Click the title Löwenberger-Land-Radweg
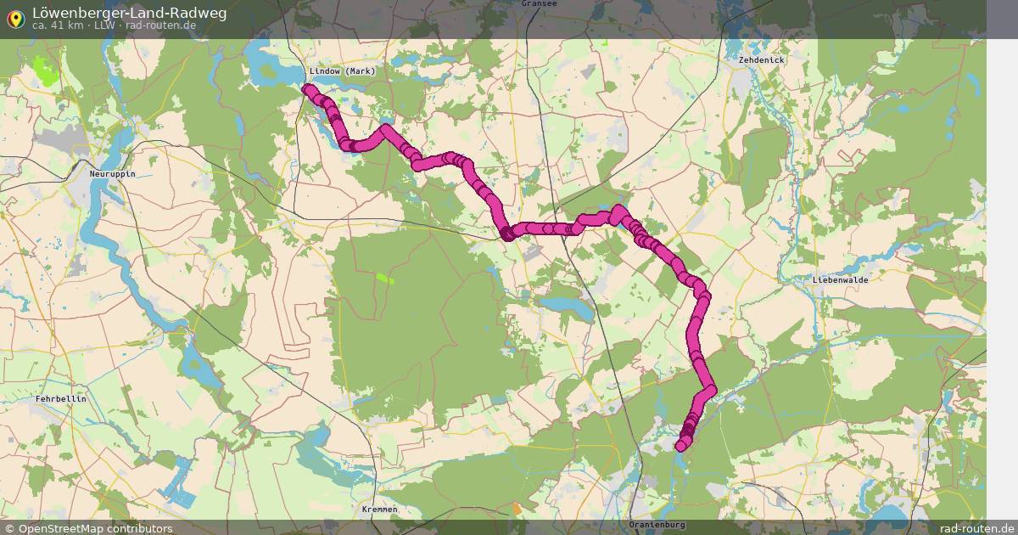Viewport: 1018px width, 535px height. (129, 12)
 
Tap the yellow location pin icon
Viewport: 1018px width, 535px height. (15, 17)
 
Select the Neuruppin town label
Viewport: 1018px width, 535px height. (112, 173)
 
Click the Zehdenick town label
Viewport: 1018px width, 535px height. (762, 60)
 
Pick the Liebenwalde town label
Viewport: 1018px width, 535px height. (841, 279)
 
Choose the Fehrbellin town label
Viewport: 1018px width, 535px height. (61, 398)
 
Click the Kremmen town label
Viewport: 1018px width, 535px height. (379, 510)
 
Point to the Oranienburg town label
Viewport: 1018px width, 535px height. (657, 525)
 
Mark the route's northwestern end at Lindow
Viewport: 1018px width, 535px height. (307, 87)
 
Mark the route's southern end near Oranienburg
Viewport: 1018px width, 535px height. (680, 447)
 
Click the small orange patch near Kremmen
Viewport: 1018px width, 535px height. (517, 509)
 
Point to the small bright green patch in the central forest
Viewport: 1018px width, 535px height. (385, 277)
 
